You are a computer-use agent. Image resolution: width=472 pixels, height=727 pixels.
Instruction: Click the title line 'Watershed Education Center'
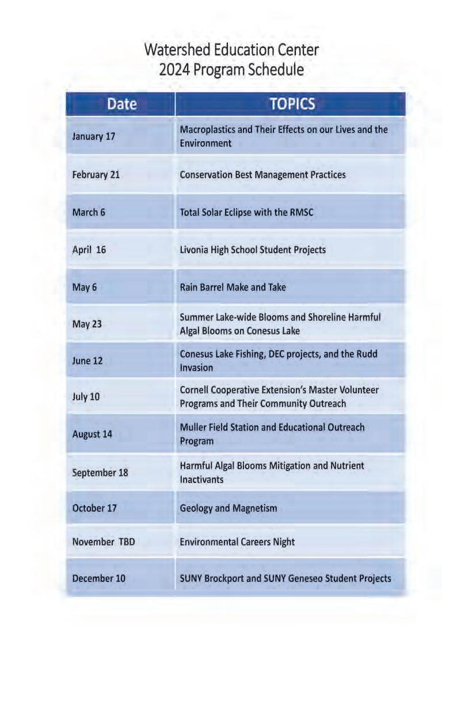click(231, 50)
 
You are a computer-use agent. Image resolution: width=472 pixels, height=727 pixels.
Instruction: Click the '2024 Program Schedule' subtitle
click(231, 70)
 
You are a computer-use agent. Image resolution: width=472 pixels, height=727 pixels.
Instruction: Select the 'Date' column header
click(121, 104)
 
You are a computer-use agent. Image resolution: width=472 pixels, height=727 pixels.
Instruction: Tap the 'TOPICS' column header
click(292, 104)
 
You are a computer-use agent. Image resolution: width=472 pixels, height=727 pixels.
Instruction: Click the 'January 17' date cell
click(94, 137)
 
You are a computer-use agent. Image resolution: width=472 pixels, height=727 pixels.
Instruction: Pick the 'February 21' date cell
click(96, 174)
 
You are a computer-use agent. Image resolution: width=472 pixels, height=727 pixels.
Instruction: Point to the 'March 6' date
click(89, 212)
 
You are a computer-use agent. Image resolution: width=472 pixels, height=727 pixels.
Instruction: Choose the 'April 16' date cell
click(89, 250)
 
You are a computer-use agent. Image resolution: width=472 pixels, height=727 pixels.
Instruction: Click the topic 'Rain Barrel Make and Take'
click(233, 287)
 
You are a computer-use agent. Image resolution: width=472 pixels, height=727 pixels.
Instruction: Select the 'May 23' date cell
click(87, 324)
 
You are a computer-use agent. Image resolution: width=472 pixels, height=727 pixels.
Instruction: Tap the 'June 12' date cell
click(88, 361)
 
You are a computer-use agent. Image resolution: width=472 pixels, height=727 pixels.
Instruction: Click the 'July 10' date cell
click(86, 397)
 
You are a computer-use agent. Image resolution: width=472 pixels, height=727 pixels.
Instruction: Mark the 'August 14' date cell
click(92, 434)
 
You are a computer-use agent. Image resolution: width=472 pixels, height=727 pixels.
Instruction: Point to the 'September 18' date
click(100, 473)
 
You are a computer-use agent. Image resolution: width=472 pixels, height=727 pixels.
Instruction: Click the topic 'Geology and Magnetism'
click(229, 508)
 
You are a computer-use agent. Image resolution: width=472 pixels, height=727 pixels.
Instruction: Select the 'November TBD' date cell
click(104, 542)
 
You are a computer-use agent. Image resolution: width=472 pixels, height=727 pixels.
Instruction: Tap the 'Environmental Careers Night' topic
click(237, 542)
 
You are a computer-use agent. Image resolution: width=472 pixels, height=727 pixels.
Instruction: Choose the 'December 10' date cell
click(98, 578)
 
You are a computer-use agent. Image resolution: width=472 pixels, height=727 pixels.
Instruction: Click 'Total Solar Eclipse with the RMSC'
click(247, 212)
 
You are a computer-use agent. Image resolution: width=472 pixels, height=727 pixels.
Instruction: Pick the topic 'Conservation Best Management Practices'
click(263, 174)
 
